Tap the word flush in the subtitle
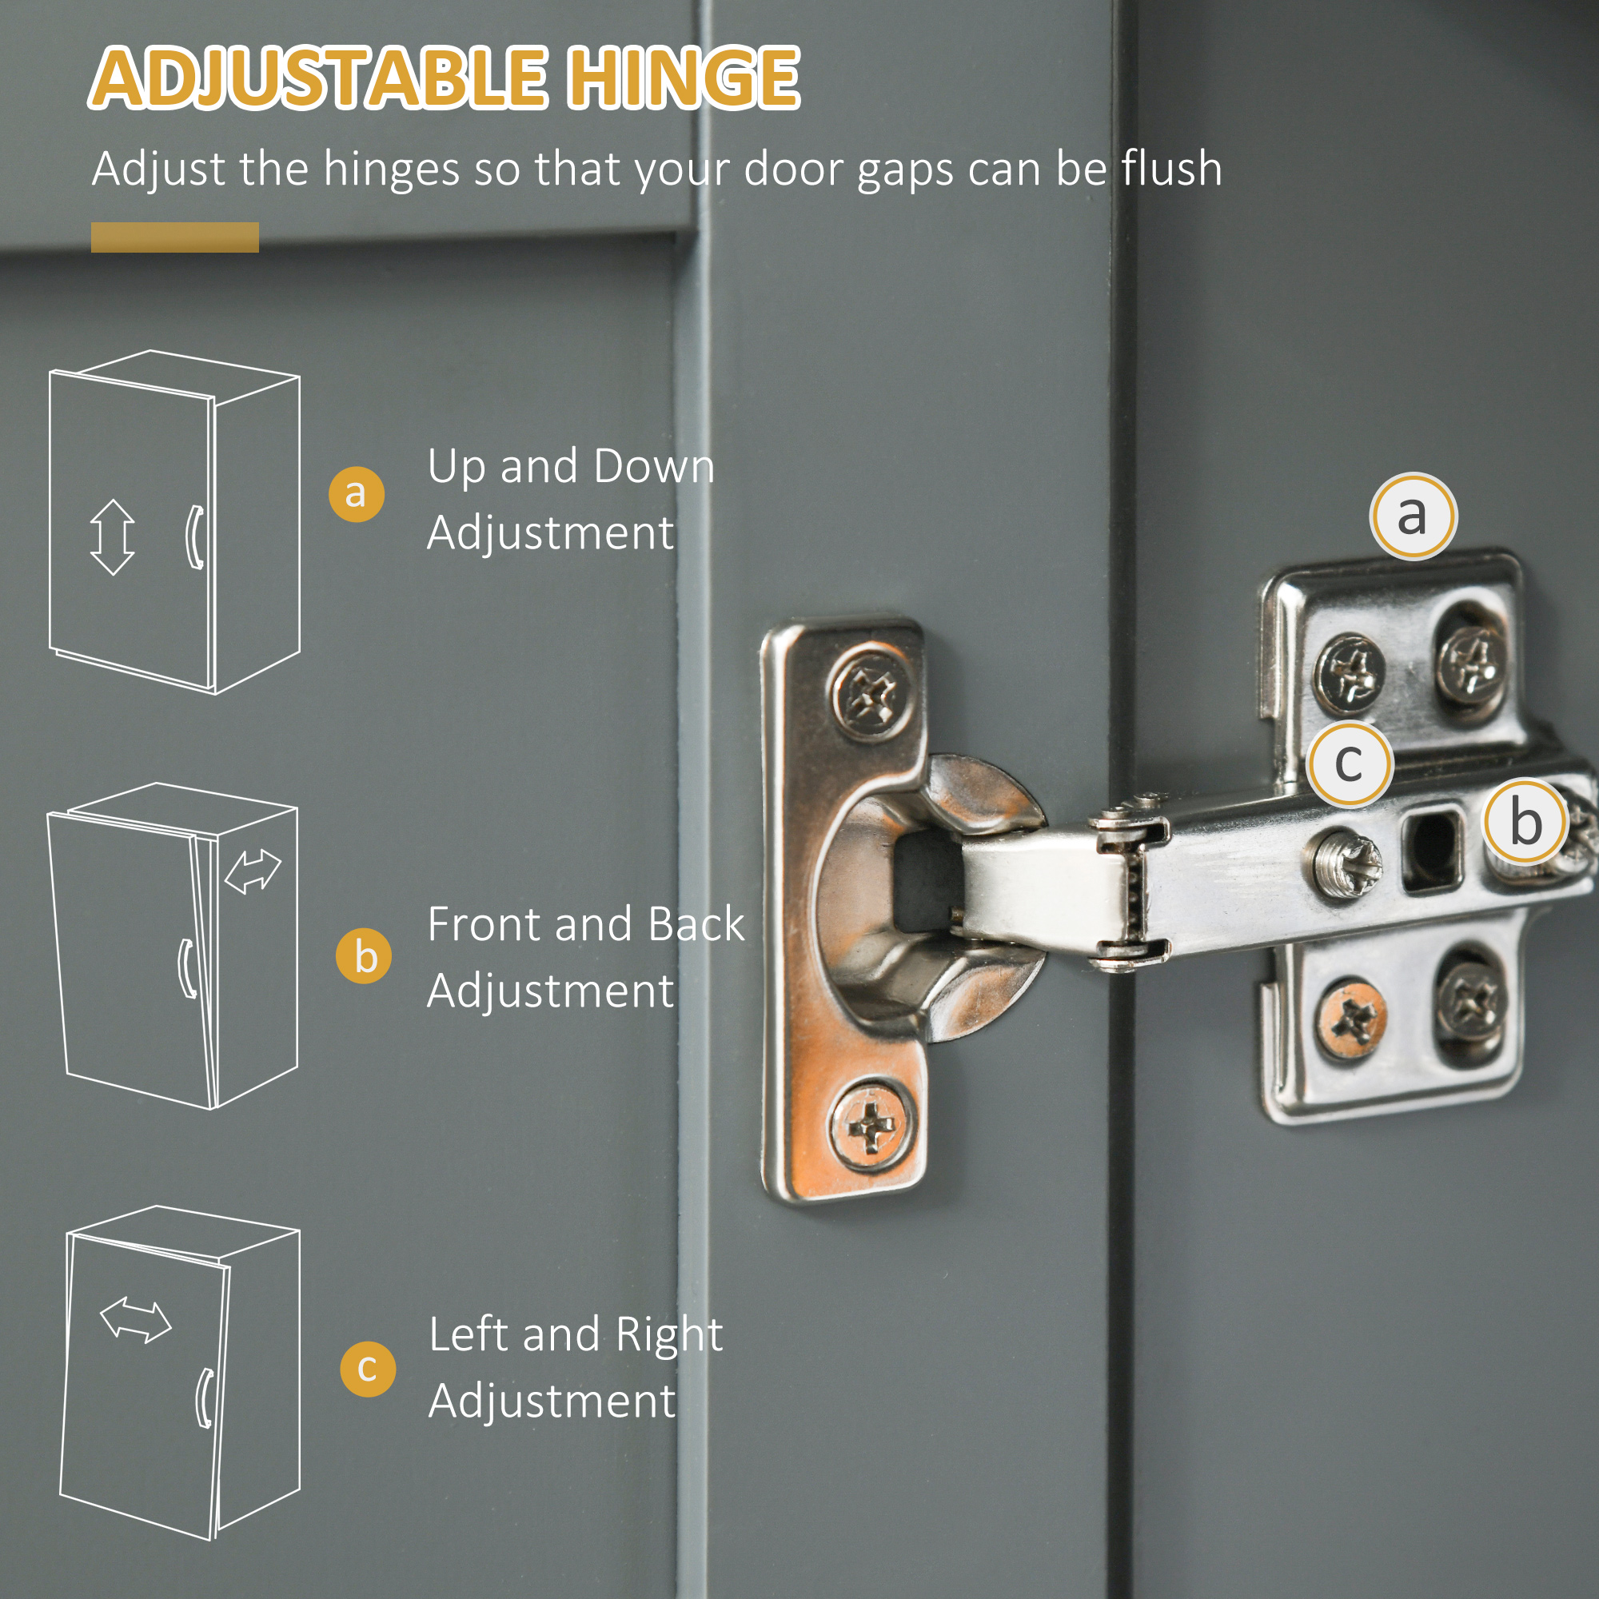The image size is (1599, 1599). (x=1171, y=169)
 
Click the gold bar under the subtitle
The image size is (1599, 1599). (x=174, y=237)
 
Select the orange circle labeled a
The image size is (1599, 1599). (x=356, y=494)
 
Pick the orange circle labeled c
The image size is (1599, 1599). (x=368, y=1370)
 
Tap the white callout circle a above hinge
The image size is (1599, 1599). (x=1412, y=515)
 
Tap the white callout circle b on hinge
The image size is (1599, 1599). (x=1525, y=822)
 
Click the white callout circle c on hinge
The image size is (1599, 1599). (x=1349, y=764)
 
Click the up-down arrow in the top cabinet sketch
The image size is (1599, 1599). (x=113, y=537)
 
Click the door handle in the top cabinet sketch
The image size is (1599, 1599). (x=194, y=536)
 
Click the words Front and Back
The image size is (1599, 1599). (x=585, y=924)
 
